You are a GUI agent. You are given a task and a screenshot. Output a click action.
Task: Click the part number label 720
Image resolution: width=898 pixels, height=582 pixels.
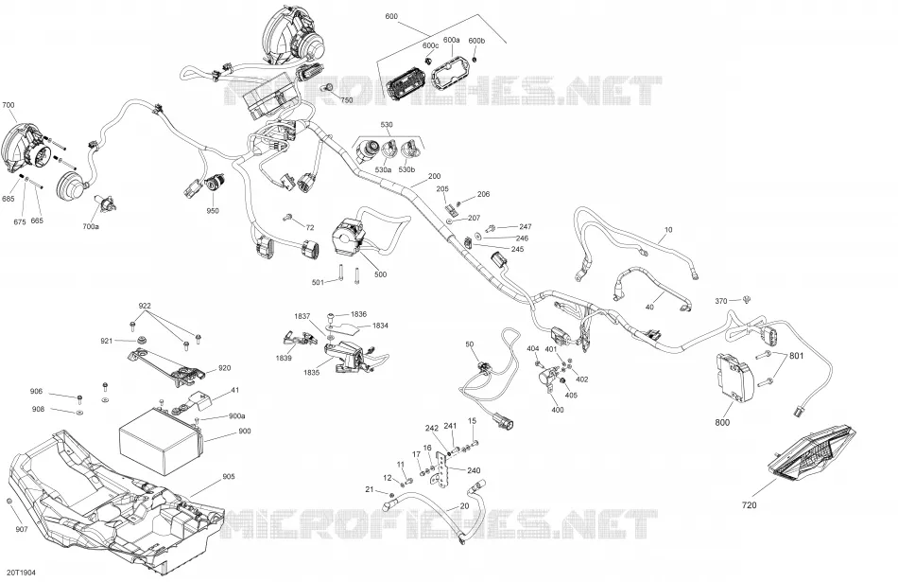pyautogui.click(x=749, y=505)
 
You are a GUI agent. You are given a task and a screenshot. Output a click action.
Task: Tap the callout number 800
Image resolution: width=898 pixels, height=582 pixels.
pyautogui.click(x=723, y=423)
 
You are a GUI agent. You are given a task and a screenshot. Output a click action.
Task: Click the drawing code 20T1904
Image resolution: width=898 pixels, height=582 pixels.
pyautogui.click(x=21, y=573)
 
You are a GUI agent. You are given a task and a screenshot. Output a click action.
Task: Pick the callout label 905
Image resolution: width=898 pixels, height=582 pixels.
pyautogui.click(x=229, y=477)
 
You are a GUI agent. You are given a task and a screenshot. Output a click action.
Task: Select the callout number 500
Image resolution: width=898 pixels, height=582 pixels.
pyautogui.click(x=380, y=274)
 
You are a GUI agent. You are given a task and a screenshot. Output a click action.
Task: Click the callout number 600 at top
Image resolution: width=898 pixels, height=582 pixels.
pyautogui.click(x=391, y=17)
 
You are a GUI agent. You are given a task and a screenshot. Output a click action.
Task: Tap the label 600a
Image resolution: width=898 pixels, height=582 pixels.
pyautogui.click(x=451, y=40)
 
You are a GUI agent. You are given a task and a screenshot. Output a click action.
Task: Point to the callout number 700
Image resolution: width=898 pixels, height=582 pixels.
pyautogui.click(x=9, y=105)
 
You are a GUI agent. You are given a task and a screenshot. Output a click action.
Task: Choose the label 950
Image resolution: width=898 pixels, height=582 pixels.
pyautogui.click(x=213, y=211)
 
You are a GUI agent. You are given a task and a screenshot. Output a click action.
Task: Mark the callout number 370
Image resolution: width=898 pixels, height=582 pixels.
pyautogui.click(x=721, y=301)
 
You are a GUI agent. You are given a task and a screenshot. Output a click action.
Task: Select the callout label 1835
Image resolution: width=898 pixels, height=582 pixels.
pyautogui.click(x=312, y=372)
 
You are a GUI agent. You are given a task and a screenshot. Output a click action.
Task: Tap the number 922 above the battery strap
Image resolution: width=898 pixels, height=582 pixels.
pyautogui.click(x=145, y=306)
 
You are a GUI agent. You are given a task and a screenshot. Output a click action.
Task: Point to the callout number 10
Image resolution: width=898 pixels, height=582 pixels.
pyautogui.click(x=668, y=230)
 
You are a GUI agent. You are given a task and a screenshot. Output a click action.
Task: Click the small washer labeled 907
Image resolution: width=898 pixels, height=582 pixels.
pyautogui.click(x=9, y=502)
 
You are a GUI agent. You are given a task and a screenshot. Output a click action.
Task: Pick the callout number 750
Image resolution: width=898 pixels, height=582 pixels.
pyautogui.click(x=347, y=100)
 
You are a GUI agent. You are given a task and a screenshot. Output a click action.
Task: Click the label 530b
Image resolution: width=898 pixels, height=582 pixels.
pyautogui.click(x=406, y=170)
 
